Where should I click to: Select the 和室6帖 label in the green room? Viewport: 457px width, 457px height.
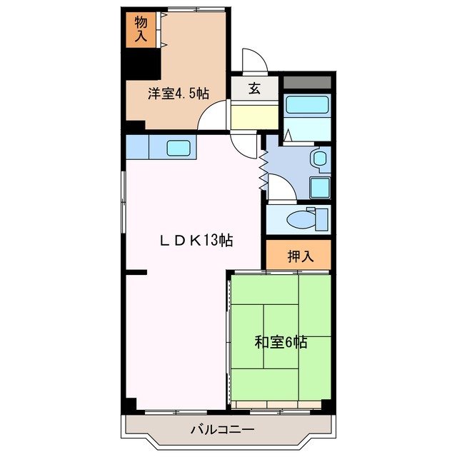coord(281,342)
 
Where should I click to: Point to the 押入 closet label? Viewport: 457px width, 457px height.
coord(299,256)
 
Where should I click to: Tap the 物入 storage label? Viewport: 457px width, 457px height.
coord(140,29)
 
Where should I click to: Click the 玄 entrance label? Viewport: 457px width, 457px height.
coord(253,89)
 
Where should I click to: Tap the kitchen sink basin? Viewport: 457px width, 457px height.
coord(179,149)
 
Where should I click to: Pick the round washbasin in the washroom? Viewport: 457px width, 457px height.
coord(318,159)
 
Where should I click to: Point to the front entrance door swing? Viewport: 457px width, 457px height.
coord(254,61)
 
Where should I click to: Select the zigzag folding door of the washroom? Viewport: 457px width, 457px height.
coord(263,169)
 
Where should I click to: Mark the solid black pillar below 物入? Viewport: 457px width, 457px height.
coord(143,64)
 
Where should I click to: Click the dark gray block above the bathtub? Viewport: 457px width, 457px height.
coord(307,81)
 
